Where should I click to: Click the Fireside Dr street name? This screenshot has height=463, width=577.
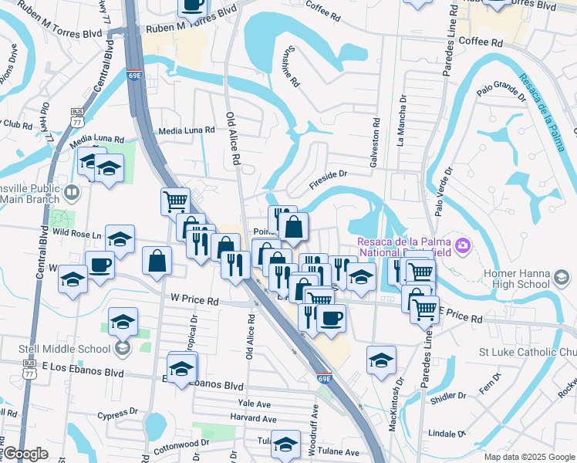pos(329,180)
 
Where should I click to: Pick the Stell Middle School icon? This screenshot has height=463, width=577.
pos(121,349)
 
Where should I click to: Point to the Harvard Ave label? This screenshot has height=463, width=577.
pos(252,419)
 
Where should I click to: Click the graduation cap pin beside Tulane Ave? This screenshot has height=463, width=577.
pos(285,443)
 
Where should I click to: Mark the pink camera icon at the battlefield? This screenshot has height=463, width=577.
pos(463,246)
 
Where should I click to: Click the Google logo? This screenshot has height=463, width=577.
pos(25,454)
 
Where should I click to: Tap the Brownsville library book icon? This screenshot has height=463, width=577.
pos(72,191)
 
